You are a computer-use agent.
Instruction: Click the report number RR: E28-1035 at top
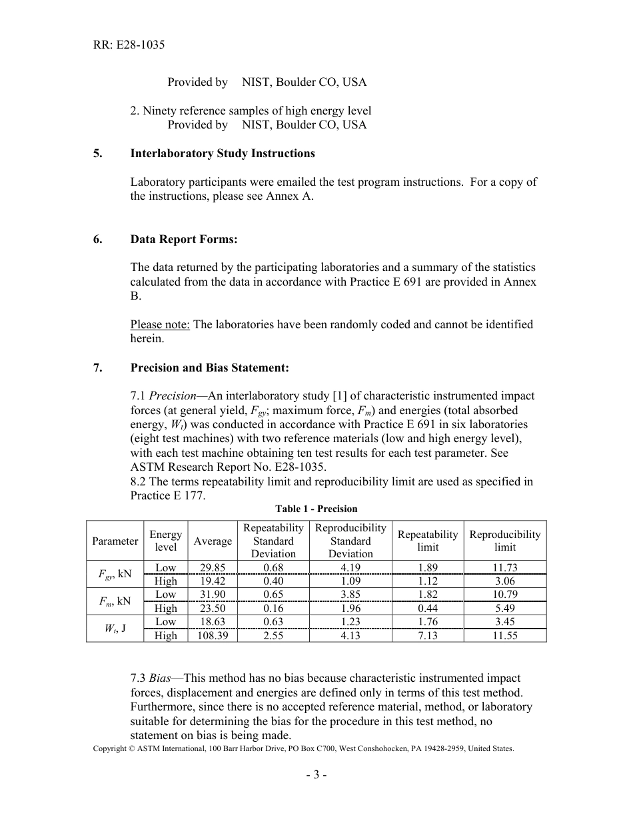(129, 45)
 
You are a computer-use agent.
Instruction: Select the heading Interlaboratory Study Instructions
(223, 153)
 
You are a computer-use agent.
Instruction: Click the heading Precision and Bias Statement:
(210, 367)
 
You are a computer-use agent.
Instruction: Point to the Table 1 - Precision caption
(316, 509)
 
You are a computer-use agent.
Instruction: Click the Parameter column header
(115, 541)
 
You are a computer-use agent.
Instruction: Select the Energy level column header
(166, 541)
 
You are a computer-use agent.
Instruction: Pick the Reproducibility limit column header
(505, 541)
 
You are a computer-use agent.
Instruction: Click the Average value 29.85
(213, 567)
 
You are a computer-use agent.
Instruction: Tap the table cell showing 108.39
(213, 635)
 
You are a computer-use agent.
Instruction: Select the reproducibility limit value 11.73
(505, 567)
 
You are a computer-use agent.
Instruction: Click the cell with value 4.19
(350, 567)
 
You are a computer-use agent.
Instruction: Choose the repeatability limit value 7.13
(428, 635)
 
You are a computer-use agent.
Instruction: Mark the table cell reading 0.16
(273, 608)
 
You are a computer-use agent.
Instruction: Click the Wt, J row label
(115, 628)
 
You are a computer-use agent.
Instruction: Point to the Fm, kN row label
(115, 601)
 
